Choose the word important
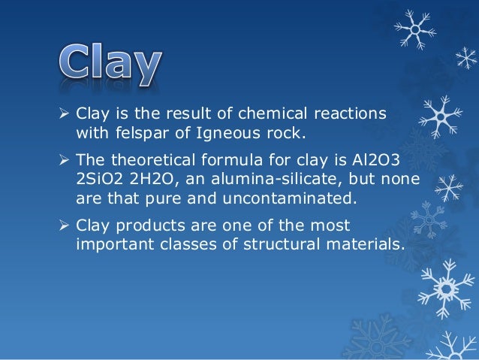112,244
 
